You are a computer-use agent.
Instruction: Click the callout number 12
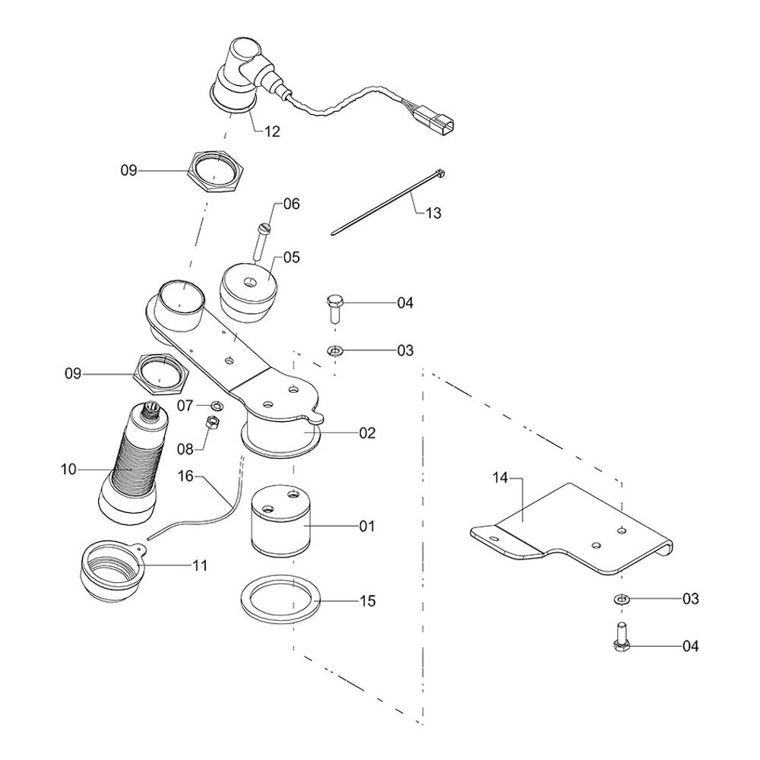tap(272, 131)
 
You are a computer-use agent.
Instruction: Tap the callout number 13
tap(432, 214)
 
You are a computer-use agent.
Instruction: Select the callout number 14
tap(499, 478)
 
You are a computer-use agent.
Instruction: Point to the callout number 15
tap(368, 601)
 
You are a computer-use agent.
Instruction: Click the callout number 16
tap(186, 476)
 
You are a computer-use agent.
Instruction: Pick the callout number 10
tap(68, 470)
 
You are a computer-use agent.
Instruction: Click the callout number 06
tap(292, 204)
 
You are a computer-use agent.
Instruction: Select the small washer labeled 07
tap(216, 405)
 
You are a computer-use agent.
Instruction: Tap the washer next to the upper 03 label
tap(334, 350)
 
